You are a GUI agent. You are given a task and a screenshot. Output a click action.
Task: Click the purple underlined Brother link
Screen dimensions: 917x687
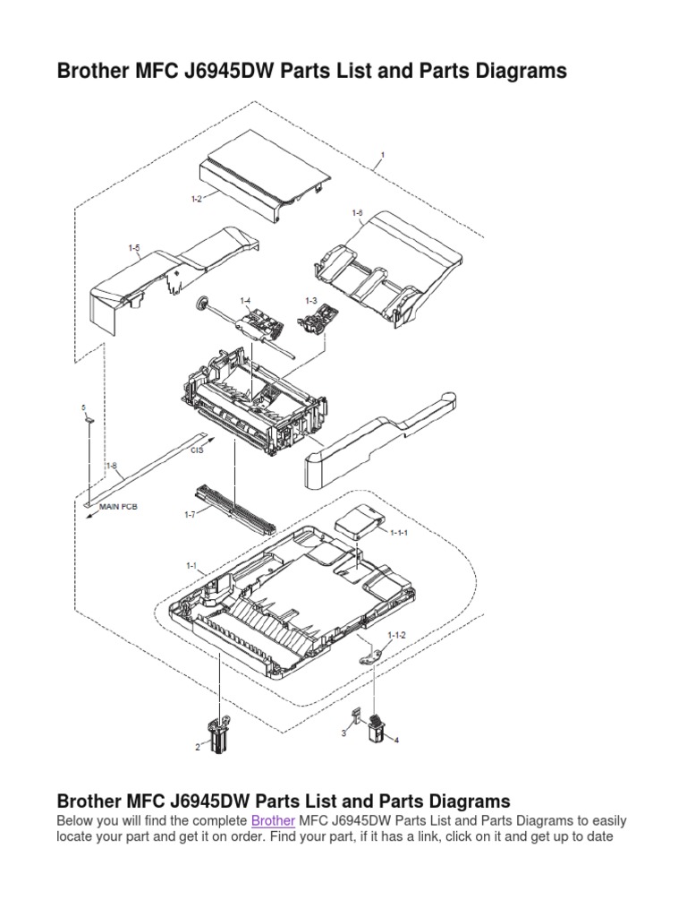[x=273, y=820]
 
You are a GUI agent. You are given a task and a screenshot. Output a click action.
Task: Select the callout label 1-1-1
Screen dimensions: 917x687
[x=399, y=531]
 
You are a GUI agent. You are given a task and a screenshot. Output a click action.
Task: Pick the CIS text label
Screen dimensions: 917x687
[x=198, y=450]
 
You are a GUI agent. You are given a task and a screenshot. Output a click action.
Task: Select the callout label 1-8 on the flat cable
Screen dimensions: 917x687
[x=112, y=465]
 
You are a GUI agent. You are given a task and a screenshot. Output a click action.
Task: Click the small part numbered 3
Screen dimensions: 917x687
[x=356, y=716]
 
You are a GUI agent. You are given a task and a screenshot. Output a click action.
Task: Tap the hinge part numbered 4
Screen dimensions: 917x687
[x=377, y=726]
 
